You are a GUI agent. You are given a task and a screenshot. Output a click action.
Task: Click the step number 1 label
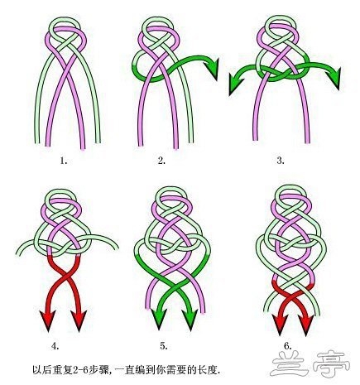click(x=64, y=161)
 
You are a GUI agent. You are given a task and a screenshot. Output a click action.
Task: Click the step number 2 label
click(x=161, y=161)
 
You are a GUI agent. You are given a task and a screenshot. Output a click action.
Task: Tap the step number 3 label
click(x=281, y=161)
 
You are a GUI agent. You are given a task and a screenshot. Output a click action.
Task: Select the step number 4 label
click(x=55, y=345)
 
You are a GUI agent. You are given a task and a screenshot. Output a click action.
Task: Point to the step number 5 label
click(x=164, y=345)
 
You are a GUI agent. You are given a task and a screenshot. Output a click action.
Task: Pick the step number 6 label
click(x=288, y=345)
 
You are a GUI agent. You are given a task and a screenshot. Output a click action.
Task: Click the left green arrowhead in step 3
click(x=235, y=85)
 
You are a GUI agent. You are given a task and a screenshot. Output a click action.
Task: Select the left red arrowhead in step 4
click(x=47, y=320)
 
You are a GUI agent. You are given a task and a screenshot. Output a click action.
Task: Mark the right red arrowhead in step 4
click(x=79, y=320)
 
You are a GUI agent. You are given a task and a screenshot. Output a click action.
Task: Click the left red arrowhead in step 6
click(x=280, y=325)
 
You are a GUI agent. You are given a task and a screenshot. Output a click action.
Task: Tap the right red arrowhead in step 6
click(x=306, y=325)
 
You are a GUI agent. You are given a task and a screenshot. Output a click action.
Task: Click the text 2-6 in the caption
click(x=80, y=369)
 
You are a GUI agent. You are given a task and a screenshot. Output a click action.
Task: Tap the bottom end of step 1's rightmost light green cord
click(x=98, y=142)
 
